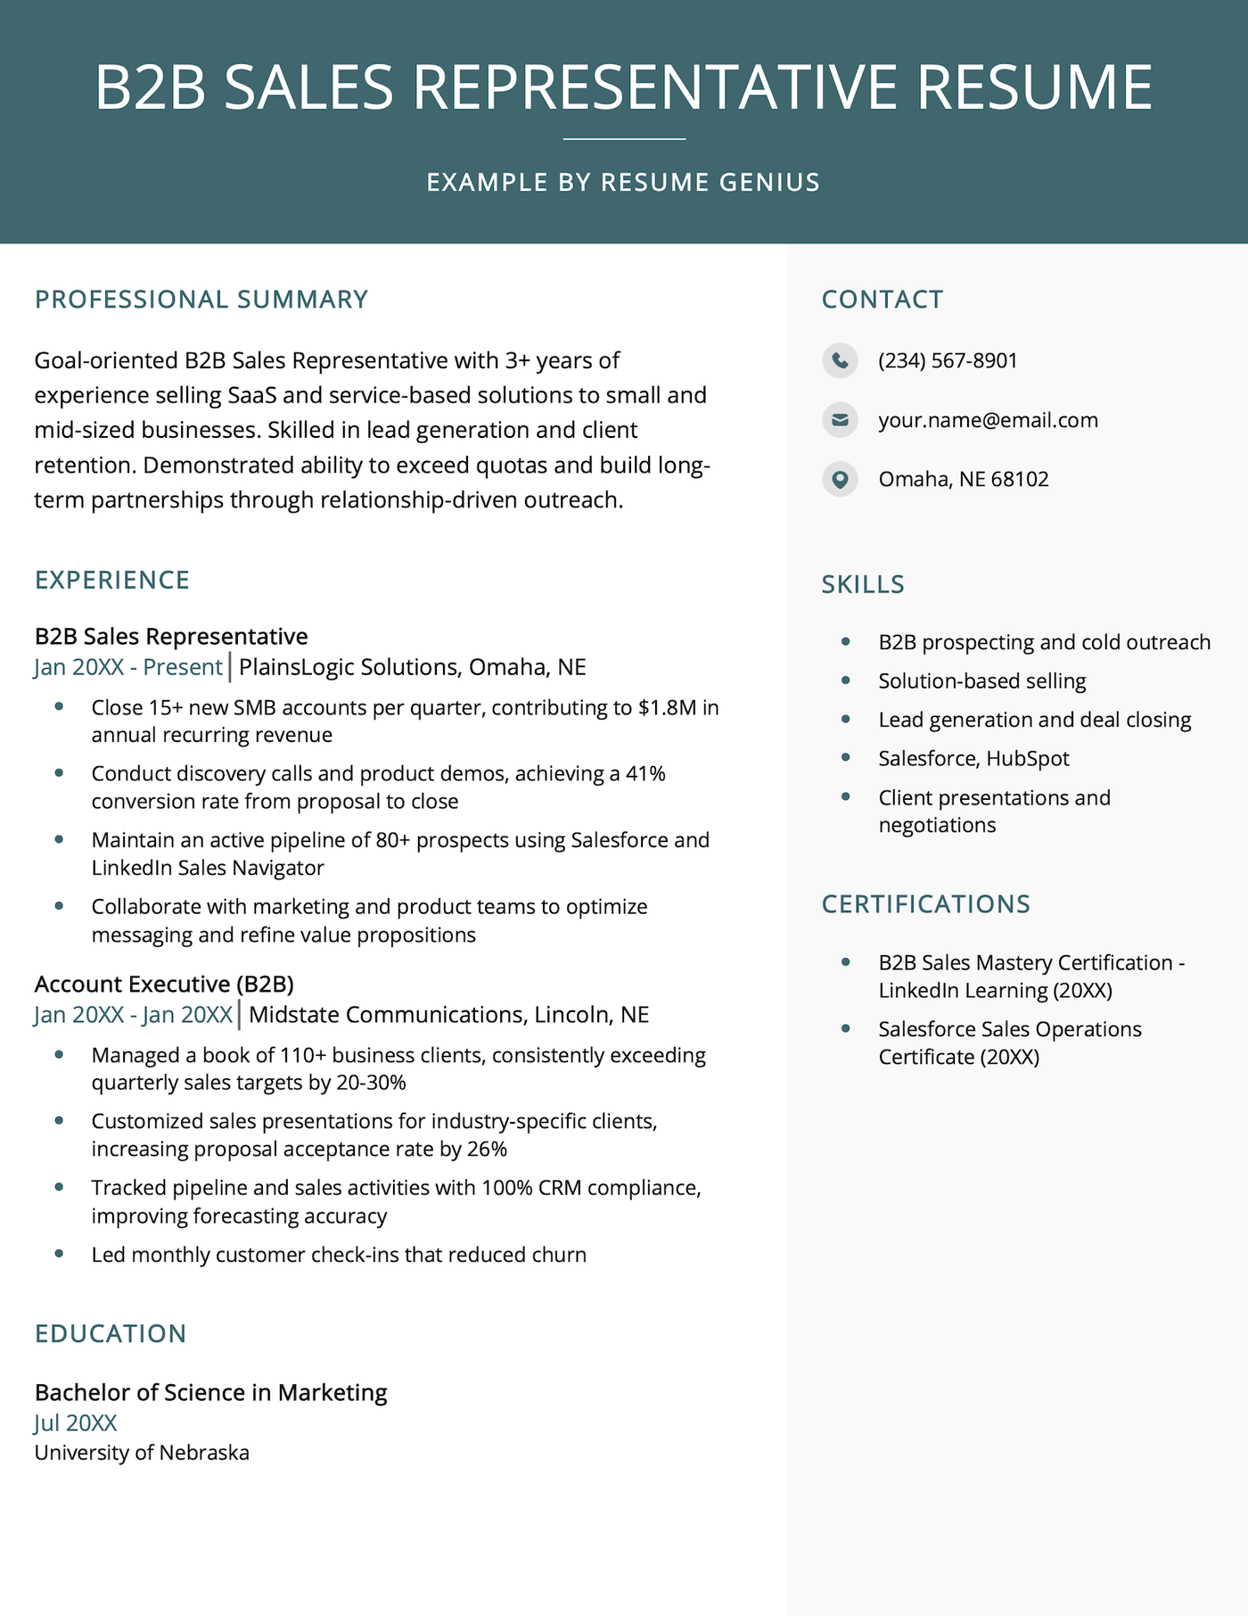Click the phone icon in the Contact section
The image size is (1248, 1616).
(840, 360)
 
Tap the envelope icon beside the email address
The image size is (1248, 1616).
(840, 419)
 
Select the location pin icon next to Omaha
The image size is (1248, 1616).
(840, 479)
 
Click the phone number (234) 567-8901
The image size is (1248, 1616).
(948, 360)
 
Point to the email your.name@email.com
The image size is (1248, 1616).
(988, 420)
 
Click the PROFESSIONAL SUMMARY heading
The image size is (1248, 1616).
(201, 300)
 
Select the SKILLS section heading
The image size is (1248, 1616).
(862, 584)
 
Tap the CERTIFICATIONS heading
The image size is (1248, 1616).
(925, 904)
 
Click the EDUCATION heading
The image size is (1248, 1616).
(111, 1333)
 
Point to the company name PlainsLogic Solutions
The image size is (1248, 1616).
(348, 667)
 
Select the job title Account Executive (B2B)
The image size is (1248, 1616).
(164, 984)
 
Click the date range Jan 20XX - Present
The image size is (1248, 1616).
(128, 667)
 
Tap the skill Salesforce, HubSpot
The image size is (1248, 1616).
(973, 758)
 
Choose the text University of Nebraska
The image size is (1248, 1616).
(142, 1453)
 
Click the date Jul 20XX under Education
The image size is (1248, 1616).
(76, 1422)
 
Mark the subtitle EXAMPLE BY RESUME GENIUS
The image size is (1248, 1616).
(623, 182)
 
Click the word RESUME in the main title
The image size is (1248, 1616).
(1034, 87)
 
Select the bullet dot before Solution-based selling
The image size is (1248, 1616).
(845, 680)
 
